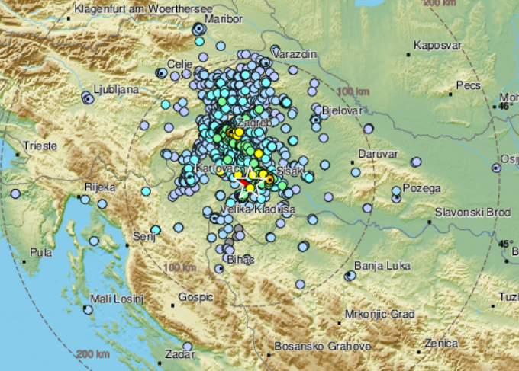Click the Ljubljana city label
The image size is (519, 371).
(115, 89)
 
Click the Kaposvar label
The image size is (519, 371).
(437, 45)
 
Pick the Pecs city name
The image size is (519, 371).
(468, 85)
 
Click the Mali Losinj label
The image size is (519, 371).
(117, 299)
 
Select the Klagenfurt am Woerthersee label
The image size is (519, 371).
(132, 10)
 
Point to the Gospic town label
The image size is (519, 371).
(195, 297)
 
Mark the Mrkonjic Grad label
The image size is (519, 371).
(379, 314)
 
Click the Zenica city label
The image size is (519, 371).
(443, 344)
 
